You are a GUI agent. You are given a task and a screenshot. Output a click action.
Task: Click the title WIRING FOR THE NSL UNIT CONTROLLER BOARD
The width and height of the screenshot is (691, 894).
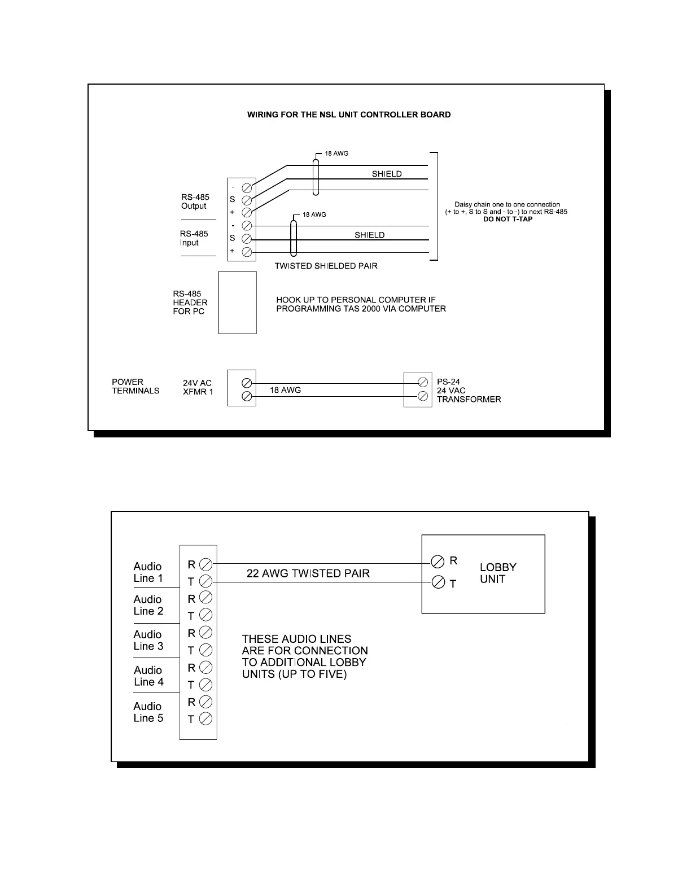tap(349, 115)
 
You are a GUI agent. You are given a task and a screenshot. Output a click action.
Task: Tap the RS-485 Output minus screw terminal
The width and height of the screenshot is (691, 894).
tap(247, 187)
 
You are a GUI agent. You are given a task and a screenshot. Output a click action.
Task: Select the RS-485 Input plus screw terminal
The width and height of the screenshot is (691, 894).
tap(247, 252)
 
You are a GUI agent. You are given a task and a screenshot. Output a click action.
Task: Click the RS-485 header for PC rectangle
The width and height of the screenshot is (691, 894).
tap(238, 303)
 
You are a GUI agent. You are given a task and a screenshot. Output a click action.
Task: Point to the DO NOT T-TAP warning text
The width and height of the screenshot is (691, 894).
tap(508, 219)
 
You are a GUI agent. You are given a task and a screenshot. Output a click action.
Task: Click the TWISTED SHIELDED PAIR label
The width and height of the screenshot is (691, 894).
tap(326, 266)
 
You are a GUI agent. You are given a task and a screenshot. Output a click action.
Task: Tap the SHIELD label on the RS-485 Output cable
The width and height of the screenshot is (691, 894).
tap(387, 174)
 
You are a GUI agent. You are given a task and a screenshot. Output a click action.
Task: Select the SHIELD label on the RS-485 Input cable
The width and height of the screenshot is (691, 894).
tap(370, 235)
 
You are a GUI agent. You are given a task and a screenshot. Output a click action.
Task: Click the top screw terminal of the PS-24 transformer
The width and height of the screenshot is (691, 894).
tap(422, 382)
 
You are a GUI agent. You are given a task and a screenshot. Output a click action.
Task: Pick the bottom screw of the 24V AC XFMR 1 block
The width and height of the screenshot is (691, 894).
tap(247, 396)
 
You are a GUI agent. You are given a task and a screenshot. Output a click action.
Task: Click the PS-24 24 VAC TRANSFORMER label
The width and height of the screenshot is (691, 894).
tap(469, 391)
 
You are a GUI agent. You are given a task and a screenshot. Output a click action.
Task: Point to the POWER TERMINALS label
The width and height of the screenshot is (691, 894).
tap(135, 386)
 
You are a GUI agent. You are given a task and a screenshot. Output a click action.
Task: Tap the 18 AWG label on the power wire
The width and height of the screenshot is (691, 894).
tap(285, 390)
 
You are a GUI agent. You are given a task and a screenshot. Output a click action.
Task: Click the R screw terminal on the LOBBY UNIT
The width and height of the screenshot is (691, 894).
tap(438, 562)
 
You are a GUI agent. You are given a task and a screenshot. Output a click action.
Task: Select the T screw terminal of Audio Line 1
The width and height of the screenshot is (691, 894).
tap(206, 581)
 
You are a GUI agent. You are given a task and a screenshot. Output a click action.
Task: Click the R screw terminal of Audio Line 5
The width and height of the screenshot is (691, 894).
tap(206, 702)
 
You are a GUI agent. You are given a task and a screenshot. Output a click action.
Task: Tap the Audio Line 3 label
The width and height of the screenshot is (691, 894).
tap(148, 640)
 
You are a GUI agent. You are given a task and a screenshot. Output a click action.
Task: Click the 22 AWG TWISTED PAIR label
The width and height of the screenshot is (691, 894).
tap(308, 573)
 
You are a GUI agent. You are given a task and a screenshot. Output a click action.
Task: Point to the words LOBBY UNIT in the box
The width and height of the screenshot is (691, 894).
tap(498, 573)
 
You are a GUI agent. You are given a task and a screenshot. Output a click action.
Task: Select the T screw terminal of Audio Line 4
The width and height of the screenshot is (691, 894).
tap(206, 685)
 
